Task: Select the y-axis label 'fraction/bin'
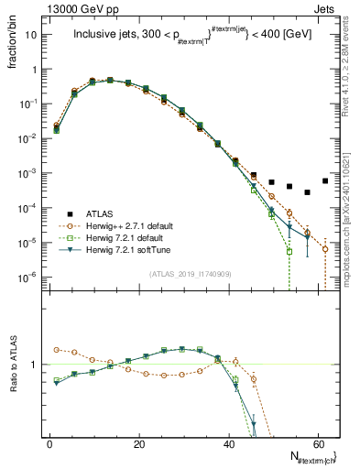click(12, 41)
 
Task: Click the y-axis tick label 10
click(31, 35)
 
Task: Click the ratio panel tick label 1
click(37, 365)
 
